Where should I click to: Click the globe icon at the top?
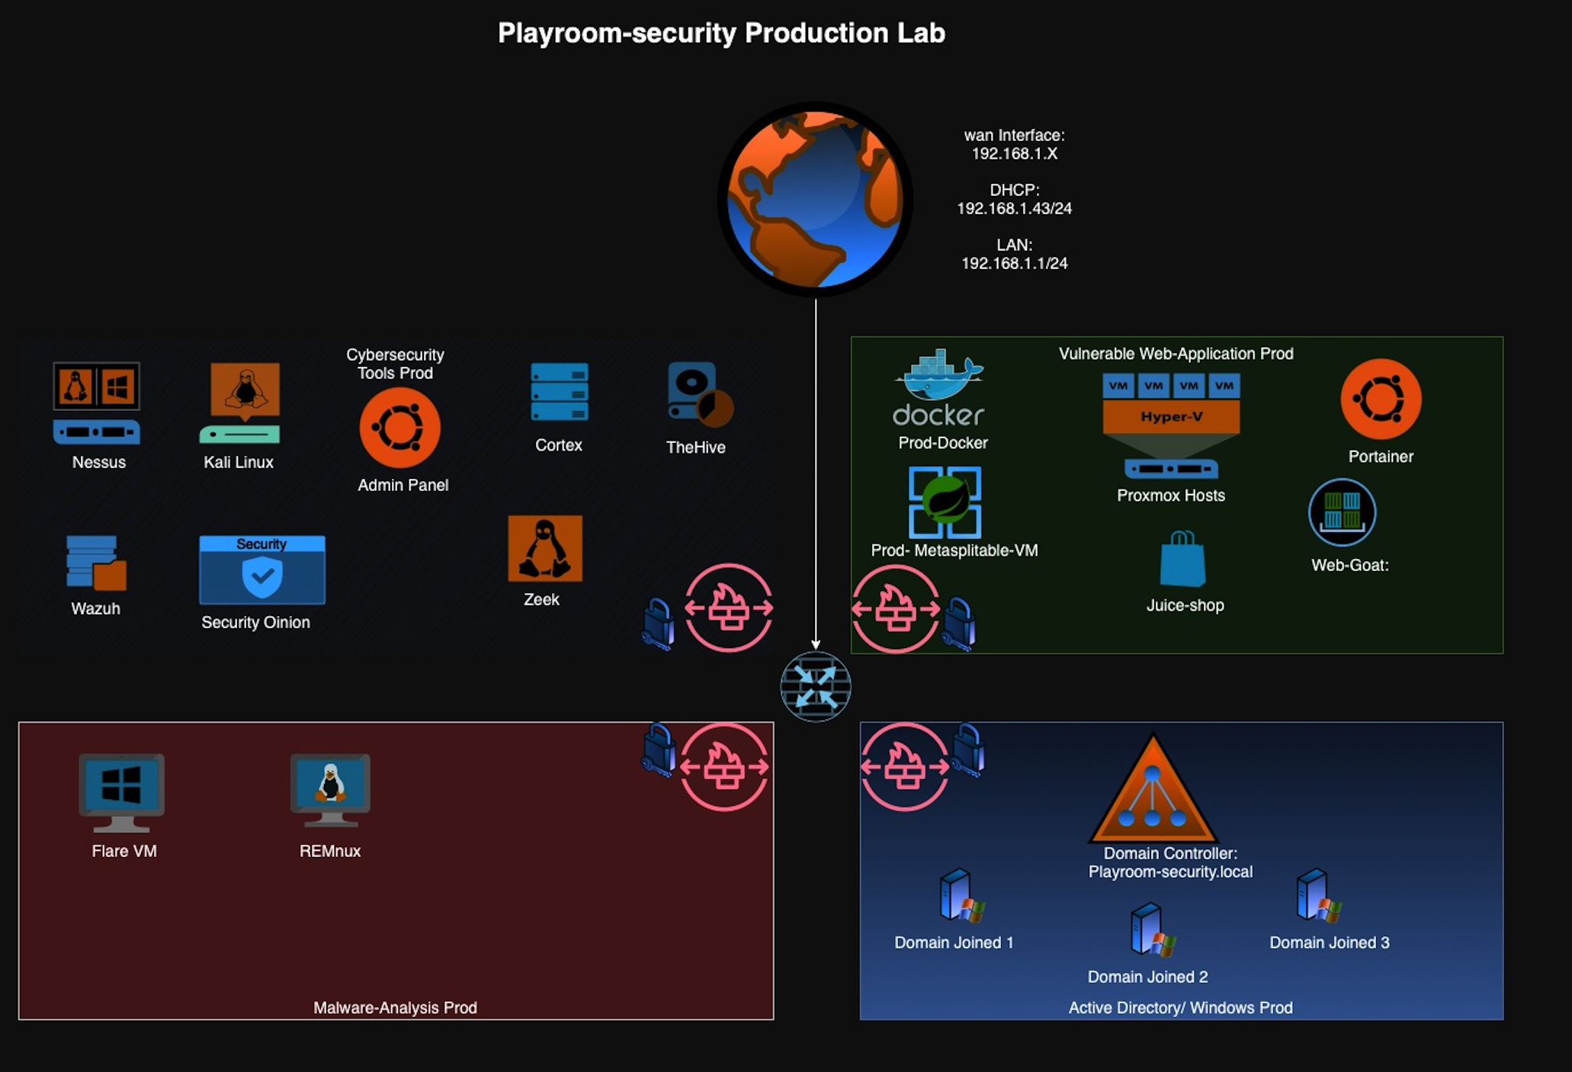(x=815, y=199)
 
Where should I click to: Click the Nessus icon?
(x=96, y=403)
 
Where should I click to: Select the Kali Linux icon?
(x=243, y=401)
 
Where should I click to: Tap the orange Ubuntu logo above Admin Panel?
(x=400, y=428)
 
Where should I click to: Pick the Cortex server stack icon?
(x=560, y=392)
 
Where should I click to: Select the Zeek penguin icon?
(x=544, y=548)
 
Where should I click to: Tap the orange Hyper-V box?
(x=1171, y=416)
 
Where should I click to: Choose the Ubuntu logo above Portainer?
(x=1381, y=399)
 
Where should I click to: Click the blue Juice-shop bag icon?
(x=1182, y=560)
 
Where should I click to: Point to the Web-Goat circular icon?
(x=1342, y=512)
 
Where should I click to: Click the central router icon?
(x=815, y=686)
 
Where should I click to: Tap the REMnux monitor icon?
(x=330, y=790)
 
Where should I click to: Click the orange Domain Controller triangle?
(x=1153, y=793)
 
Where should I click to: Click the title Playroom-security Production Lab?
(x=721, y=33)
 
